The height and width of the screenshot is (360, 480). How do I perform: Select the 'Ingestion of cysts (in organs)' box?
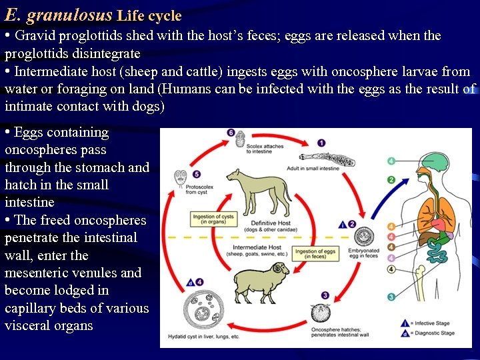(213, 221)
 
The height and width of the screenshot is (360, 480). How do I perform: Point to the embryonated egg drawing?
(365, 237)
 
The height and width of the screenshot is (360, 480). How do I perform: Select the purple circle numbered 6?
(231, 133)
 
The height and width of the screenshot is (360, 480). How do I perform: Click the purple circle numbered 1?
(321, 143)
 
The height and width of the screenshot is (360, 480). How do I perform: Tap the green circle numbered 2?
(391, 180)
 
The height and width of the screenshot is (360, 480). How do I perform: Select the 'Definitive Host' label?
(271, 223)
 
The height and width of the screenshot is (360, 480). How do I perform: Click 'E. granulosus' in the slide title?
(57, 13)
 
